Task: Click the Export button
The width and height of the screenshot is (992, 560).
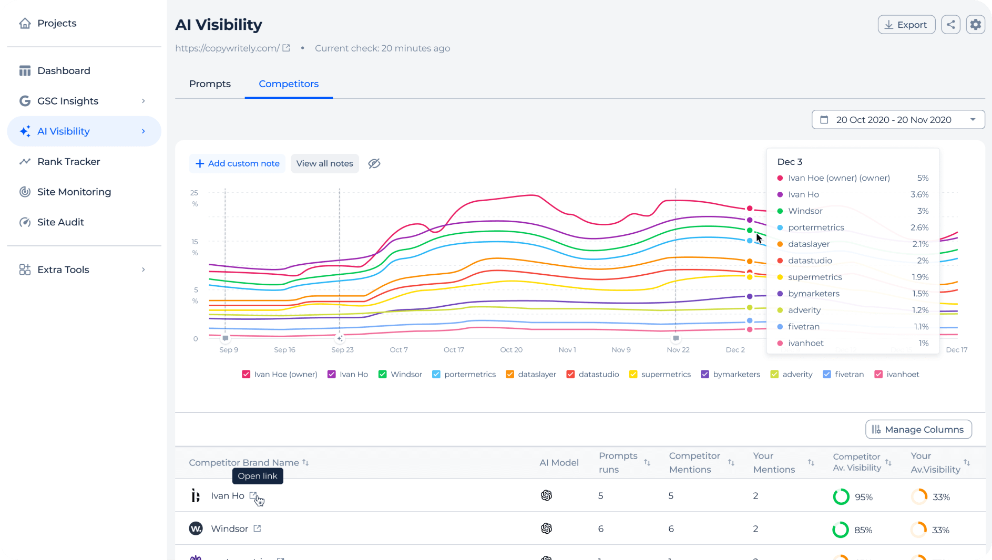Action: point(906,25)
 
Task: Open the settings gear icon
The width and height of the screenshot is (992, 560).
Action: point(975,25)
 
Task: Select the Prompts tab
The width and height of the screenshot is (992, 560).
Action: point(210,84)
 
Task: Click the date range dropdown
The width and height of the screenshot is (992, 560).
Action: point(898,120)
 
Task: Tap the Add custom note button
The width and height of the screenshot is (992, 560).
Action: point(237,163)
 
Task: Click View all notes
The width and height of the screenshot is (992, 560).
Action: point(324,163)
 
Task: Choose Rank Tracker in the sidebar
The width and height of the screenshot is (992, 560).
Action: point(68,162)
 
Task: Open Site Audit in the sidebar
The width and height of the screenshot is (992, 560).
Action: point(60,222)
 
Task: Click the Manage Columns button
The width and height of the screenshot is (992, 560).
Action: point(918,430)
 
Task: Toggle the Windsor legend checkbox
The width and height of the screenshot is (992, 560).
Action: point(383,375)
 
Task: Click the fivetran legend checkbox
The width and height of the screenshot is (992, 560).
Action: point(827,375)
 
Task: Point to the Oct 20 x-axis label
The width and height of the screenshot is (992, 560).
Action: point(511,350)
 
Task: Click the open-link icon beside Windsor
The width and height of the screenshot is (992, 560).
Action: point(257,528)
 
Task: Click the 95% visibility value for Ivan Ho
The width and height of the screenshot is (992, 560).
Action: point(863,497)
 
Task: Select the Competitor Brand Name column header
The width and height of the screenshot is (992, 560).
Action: point(244,463)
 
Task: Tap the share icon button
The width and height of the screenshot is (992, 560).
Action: point(950,25)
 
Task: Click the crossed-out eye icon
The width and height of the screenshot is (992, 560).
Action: point(374,163)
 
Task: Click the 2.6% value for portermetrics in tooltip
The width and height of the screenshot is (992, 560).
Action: point(919,227)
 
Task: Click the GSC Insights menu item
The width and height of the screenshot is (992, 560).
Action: point(68,101)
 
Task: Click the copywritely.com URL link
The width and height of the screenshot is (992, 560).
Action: point(227,48)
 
